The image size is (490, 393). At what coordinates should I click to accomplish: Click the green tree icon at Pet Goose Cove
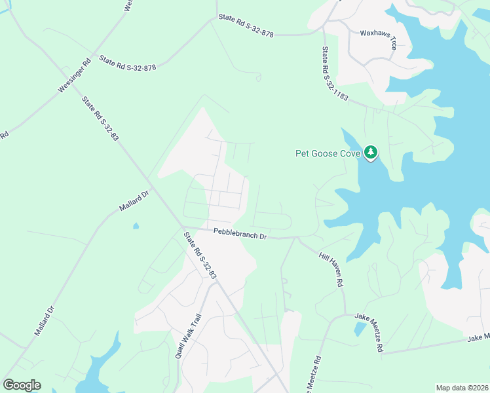tap(371, 153)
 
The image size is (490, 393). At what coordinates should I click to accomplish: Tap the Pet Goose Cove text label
tap(328, 154)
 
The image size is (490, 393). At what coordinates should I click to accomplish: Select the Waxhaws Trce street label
tap(379, 37)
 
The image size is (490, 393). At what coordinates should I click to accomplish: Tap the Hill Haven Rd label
tap(331, 271)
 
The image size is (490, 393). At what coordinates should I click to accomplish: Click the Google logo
tap(22, 385)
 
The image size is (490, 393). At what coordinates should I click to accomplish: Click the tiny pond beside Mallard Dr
tap(135, 227)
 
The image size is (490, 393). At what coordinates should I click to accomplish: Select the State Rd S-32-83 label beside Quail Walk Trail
tap(200, 256)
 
